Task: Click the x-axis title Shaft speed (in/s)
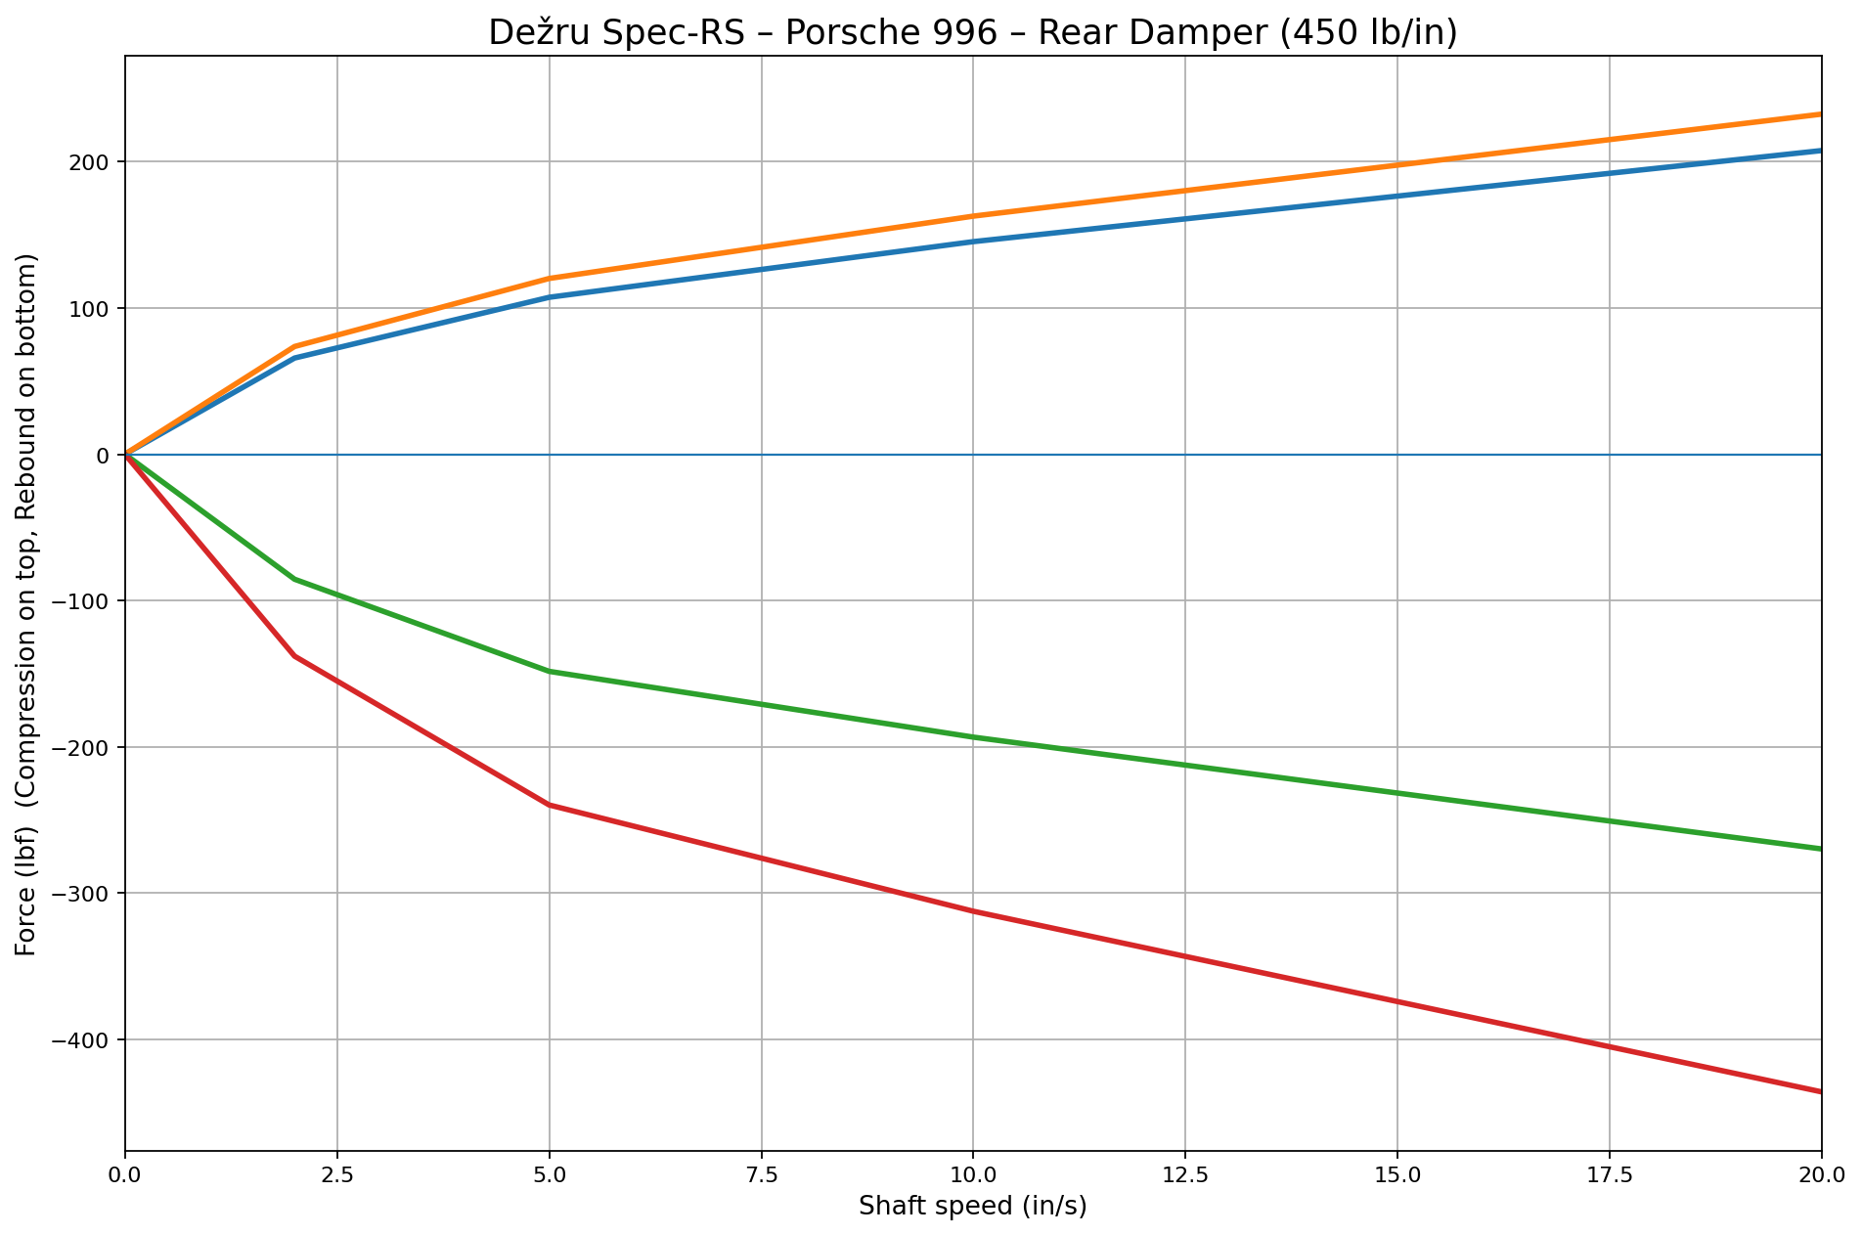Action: (973, 1207)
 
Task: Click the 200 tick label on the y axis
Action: (90, 162)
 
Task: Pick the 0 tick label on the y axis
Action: (102, 455)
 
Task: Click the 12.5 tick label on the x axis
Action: (1184, 1172)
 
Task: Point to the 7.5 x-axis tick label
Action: (761, 1172)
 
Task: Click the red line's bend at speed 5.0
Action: (550, 805)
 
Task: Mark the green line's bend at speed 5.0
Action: (550, 672)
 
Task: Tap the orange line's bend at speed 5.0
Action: (550, 279)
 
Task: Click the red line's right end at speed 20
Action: (1820, 1091)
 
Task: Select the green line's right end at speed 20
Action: (1820, 849)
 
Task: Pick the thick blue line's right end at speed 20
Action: (1820, 151)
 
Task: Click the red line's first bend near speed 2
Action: (295, 656)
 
